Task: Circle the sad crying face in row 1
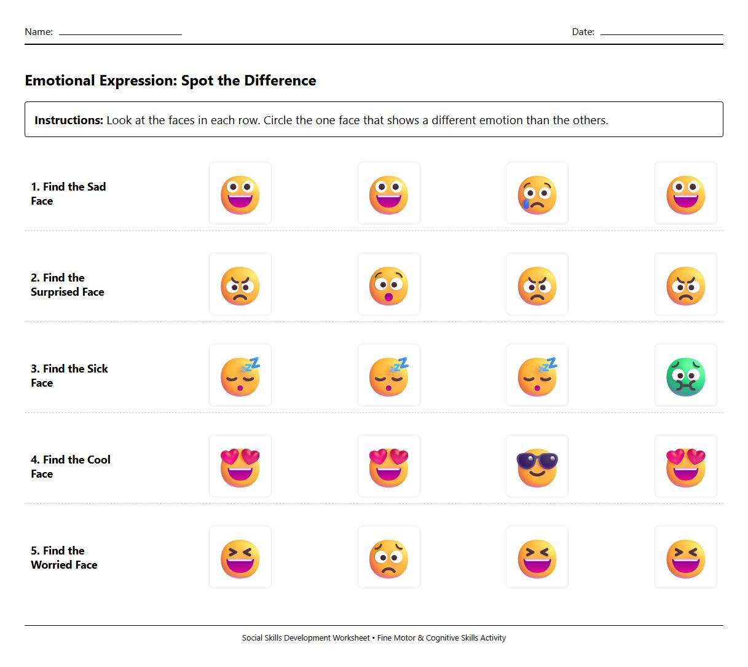click(x=537, y=194)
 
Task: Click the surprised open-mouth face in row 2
click(x=389, y=285)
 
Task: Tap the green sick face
click(x=685, y=376)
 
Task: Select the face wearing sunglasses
click(x=537, y=467)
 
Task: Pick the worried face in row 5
click(x=389, y=558)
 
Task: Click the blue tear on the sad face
click(x=526, y=203)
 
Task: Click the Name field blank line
click(x=120, y=33)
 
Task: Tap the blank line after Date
click(x=661, y=33)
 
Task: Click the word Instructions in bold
click(x=68, y=120)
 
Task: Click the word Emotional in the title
click(x=60, y=81)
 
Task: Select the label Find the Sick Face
click(x=69, y=376)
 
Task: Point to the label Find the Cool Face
click(x=70, y=467)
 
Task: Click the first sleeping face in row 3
click(x=240, y=376)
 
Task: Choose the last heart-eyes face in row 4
click(x=685, y=467)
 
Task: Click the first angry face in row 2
click(x=240, y=285)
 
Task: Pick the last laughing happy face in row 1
click(x=685, y=194)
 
